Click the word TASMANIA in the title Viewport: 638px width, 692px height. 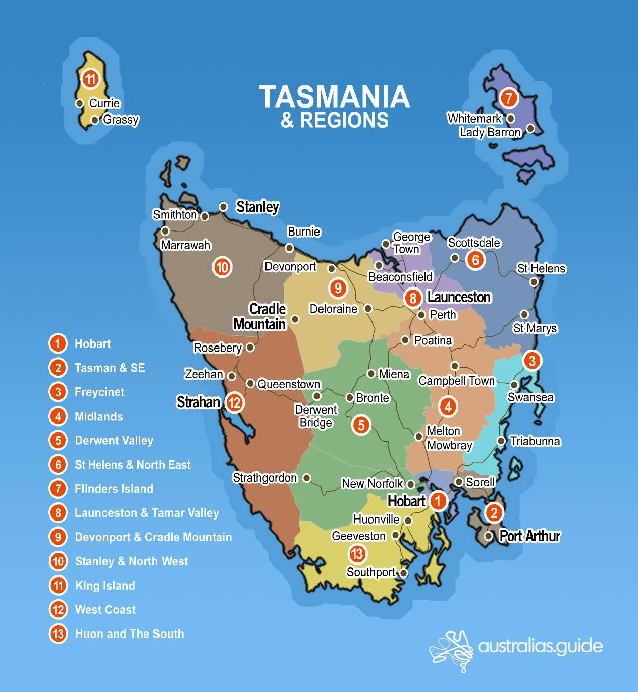(334, 97)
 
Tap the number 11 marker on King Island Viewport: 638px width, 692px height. (90, 79)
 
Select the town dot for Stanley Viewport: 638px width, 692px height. (223, 207)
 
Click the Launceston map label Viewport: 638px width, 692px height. (459, 297)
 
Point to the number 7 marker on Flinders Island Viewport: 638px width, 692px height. (509, 97)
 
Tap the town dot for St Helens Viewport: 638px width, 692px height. (534, 282)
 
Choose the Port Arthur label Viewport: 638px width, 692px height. (529, 536)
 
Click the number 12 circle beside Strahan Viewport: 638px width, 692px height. (234, 402)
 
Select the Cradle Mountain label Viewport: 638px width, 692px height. (260, 316)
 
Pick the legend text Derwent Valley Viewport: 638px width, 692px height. (114, 440)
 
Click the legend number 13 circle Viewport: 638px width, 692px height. (58, 633)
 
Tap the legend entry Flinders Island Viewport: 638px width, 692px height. (114, 489)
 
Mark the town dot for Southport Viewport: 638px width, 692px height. (403, 573)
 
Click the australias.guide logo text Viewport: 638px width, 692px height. (540, 646)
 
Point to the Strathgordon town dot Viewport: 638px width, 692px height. (306, 478)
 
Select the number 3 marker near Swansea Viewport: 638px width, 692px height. (531, 361)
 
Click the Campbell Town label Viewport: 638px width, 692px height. (457, 381)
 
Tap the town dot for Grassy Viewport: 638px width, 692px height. (95, 120)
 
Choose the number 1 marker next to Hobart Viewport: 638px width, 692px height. (438, 501)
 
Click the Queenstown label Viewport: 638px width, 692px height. (289, 384)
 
